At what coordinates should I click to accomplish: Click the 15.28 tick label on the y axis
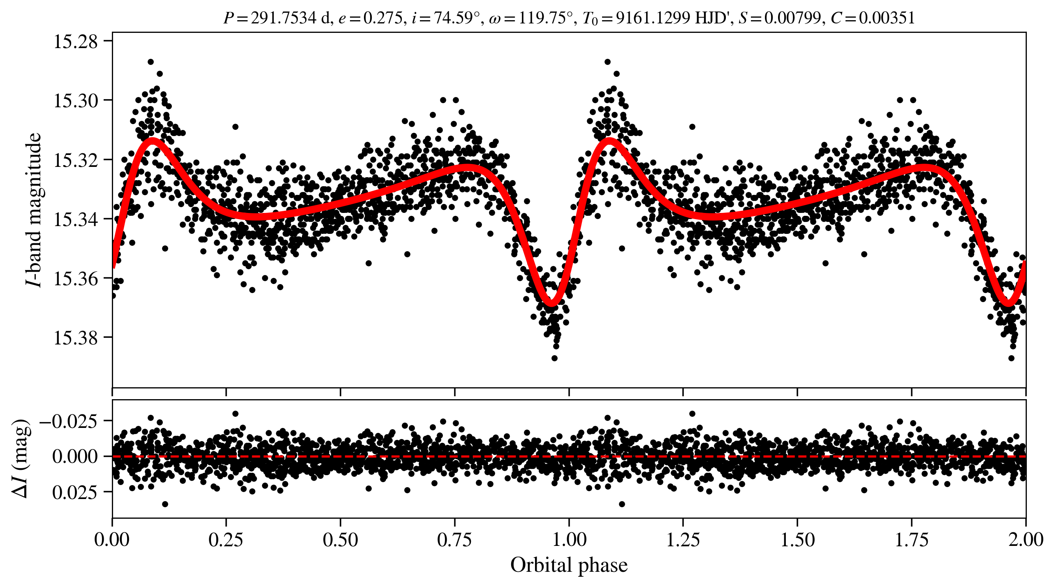[76, 42]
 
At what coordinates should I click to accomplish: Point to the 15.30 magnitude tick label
[76, 101]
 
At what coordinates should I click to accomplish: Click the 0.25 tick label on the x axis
[226, 540]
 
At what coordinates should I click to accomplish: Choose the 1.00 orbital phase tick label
[569, 540]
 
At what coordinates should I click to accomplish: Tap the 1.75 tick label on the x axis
[912, 540]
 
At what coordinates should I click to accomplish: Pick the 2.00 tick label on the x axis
[1026, 540]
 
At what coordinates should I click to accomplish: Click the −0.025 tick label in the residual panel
[68, 421]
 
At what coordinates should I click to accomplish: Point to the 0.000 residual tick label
[75, 456]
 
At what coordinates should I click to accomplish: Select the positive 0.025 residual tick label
[75, 492]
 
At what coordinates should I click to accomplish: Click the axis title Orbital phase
[569, 565]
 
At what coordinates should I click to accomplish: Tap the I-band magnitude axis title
[34, 210]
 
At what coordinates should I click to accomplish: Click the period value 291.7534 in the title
[284, 18]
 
